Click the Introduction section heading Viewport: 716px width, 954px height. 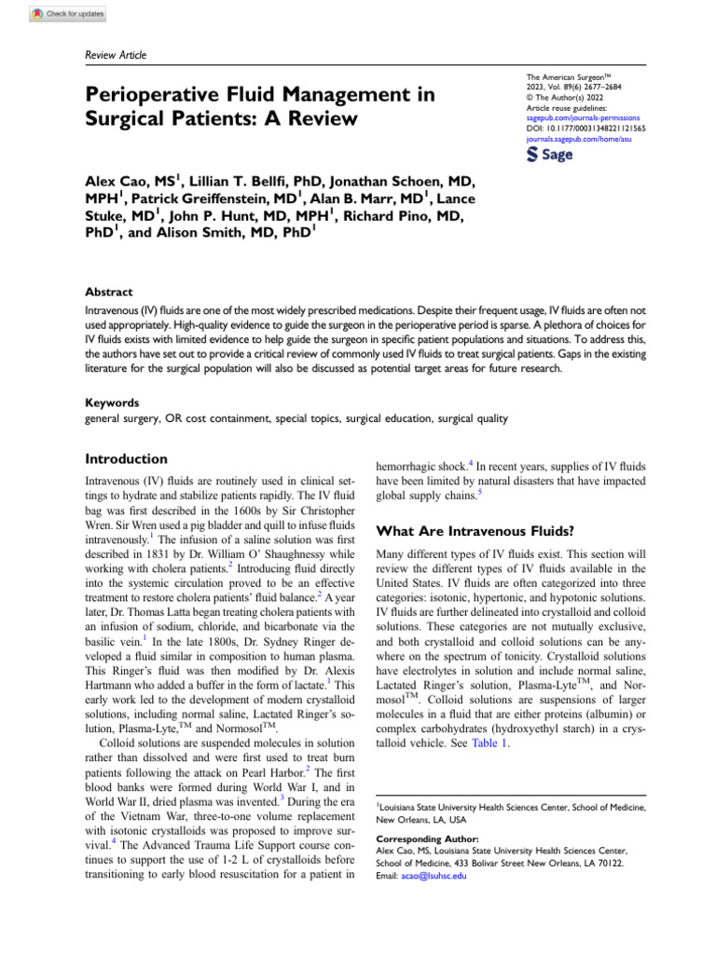126,459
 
